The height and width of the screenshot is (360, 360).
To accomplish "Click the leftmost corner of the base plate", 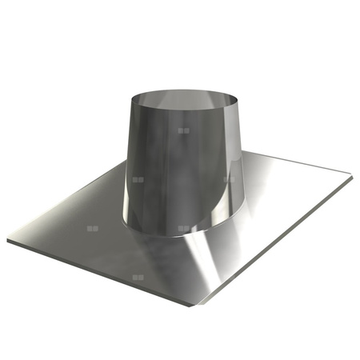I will pyautogui.click(x=9, y=239).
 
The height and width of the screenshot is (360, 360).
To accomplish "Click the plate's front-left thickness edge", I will pyautogui.click(x=96, y=272).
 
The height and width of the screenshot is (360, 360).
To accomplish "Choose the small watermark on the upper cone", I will pyautogui.click(x=184, y=130).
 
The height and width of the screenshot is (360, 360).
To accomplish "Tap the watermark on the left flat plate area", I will pyautogui.click(x=93, y=229).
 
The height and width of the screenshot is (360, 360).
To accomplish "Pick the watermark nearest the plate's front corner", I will pyautogui.click(x=138, y=277).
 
